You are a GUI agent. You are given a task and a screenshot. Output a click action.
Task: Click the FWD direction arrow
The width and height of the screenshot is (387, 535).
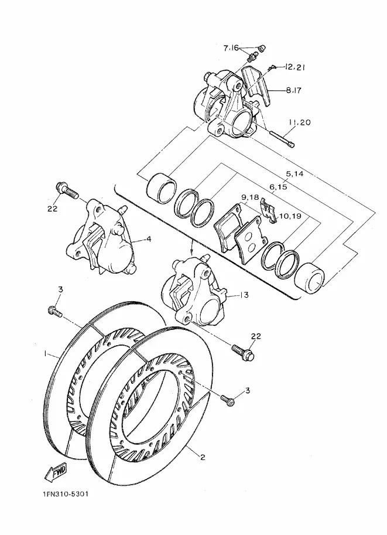pyautogui.click(x=56, y=472)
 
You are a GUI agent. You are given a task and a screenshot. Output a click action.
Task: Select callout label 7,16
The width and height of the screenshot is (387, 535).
pyautogui.click(x=231, y=48)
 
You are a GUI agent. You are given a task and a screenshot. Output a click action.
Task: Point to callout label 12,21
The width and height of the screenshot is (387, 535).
pyautogui.click(x=294, y=67)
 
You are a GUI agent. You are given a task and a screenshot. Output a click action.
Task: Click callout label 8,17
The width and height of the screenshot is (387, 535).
pyautogui.click(x=293, y=90)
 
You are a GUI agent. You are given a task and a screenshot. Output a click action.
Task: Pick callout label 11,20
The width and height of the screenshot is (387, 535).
pyautogui.click(x=300, y=122)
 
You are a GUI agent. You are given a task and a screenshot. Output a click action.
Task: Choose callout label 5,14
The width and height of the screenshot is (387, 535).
pyautogui.click(x=294, y=174)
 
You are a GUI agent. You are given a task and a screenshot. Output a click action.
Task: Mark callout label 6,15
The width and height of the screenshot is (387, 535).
pyautogui.click(x=278, y=187)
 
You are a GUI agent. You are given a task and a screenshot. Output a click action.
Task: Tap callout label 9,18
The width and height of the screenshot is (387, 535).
pyautogui.click(x=251, y=197)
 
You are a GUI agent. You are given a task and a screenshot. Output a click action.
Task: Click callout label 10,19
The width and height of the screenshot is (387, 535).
pyautogui.click(x=290, y=216)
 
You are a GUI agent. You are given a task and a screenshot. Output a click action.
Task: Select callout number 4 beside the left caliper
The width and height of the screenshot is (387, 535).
pyautogui.click(x=149, y=239)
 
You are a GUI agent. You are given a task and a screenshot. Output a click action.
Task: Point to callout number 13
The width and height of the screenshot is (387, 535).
pyautogui.click(x=245, y=295)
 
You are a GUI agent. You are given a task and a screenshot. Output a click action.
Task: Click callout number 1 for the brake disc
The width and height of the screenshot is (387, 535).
pyautogui.click(x=44, y=354)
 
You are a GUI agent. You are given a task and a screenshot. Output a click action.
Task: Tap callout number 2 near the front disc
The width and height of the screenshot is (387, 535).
pyautogui.click(x=203, y=457)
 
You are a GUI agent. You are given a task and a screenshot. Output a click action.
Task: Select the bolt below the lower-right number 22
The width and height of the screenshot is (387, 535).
pyautogui.click(x=243, y=352)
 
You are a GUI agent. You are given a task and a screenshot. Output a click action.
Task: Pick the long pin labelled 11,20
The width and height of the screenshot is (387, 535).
pyautogui.click(x=282, y=139)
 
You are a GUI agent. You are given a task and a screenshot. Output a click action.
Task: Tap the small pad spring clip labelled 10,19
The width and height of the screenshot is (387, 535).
pyautogui.click(x=268, y=210)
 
